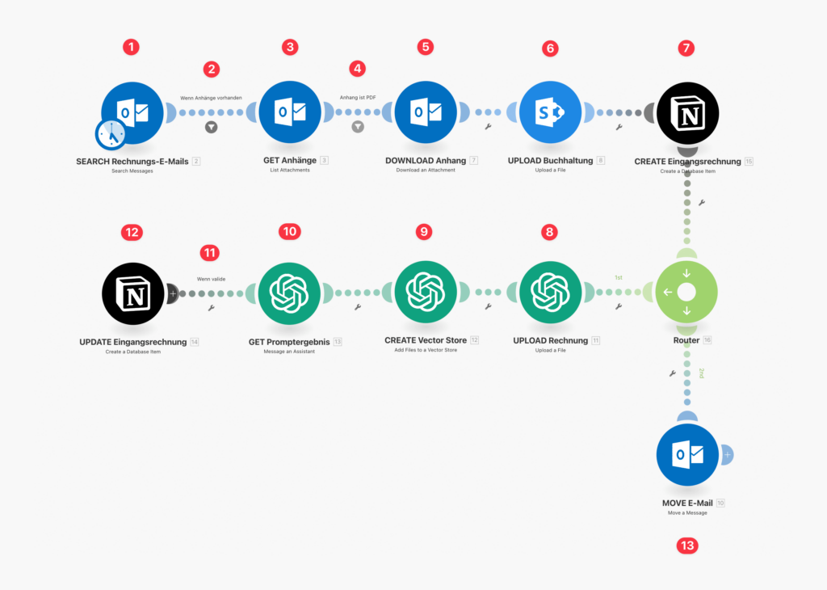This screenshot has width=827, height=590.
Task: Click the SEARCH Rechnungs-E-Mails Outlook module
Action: [x=132, y=113]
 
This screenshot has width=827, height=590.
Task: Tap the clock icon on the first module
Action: [x=111, y=135]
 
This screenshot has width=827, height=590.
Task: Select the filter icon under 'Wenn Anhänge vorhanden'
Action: [x=211, y=127]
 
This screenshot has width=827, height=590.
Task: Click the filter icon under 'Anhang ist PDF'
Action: [x=358, y=127]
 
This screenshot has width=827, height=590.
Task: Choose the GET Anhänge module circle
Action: [x=290, y=112]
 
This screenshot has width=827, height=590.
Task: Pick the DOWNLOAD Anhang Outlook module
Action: [x=426, y=112]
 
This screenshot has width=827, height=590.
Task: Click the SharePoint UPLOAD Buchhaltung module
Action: [x=550, y=112]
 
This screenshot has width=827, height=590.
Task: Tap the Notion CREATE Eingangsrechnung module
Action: [x=688, y=113]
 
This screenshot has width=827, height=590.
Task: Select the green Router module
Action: [x=686, y=292]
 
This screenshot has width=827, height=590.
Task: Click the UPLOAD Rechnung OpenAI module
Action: [x=550, y=293]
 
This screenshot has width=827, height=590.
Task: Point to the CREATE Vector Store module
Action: [x=426, y=292]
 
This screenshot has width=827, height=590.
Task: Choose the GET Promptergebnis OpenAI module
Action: [x=289, y=293]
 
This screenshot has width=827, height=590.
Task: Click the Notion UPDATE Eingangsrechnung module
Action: [x=133, y=294]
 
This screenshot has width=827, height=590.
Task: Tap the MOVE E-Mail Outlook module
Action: [x=687, y=454]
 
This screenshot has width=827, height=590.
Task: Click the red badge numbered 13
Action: [x=687, y=546]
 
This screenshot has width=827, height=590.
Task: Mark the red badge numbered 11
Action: [x=210, y=253]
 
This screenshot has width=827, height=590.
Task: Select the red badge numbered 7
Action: [x=686, y=48]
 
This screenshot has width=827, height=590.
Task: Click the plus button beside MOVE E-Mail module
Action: [x=728, y=455]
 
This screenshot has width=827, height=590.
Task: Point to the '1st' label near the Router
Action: [x=619, y=277]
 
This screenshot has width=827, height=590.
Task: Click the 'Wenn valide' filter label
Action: [x=211, y=279]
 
